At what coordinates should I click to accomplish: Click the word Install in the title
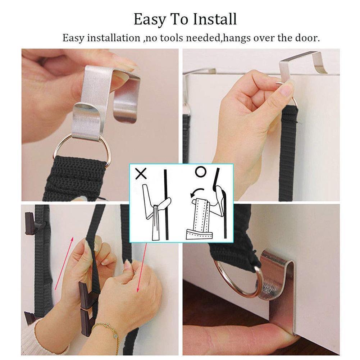pyautogui.click(x=215, y=19)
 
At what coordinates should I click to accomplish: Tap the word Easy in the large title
pyautogui.click(x=150, y=20)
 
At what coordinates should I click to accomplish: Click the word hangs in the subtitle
pyautogui.click(x=236, y=38)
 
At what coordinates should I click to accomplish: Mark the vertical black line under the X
pyautogui.click(x=166, y=203)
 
